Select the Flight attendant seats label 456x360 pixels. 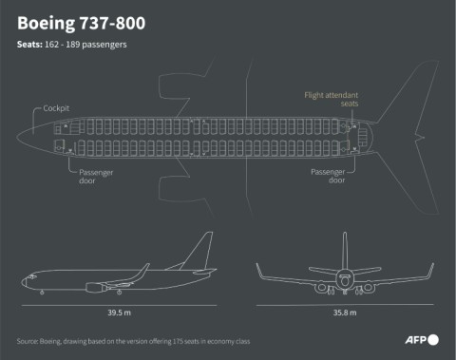[332, 101]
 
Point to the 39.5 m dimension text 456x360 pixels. [120, 310]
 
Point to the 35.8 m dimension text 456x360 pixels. [344, 310]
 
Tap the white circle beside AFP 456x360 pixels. [434, 339]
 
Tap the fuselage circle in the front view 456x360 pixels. [345, 278]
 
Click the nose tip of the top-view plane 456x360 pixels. [17, 140]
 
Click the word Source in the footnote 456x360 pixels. [28, 340]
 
